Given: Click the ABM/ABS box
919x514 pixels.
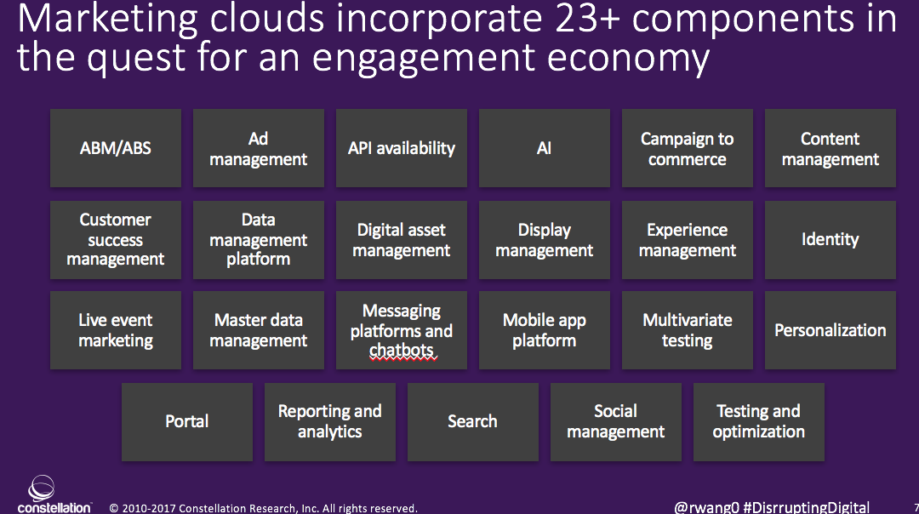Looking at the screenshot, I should pyautogui.click(x=116, y=148).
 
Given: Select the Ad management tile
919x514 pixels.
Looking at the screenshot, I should pyautogui.click(x=259, y=148).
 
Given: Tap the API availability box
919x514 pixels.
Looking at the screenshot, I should pyautogui.click(x=402, y=148).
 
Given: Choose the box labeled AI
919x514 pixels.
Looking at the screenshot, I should pyautogui.click(x=545, y=148).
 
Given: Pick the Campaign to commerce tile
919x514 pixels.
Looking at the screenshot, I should pyautogui.click(x=688, y=148).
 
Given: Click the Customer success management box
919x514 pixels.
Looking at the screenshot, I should pyautogui.click(x=116, y=239).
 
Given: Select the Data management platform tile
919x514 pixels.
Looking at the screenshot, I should pyautogui.click(x=259, y=239).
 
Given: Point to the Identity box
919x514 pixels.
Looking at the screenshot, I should pyautogui.click(x=831, y=239).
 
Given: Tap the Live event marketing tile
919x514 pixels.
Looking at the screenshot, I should pyautogui.click(x=116, y=330).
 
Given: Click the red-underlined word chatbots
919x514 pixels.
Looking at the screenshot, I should pyautogui.click(x=402, y=351).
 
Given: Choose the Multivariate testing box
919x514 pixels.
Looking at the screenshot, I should pyautogui.click(x=688, y=330).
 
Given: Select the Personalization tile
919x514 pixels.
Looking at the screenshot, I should pyautogui.click(x=831, y=330).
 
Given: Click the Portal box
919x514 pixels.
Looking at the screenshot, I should pyautogui.click(x=187, y=421).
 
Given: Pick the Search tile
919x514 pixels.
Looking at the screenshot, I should pyautogui.click(x=473, y=421).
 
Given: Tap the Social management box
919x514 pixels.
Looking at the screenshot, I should pyautogui.click(x=616, y=421).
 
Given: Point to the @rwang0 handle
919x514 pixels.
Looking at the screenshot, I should pyautogui.click(x=705, y=507).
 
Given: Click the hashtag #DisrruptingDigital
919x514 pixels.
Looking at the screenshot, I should pyautogui.click(x=807, y=507).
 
